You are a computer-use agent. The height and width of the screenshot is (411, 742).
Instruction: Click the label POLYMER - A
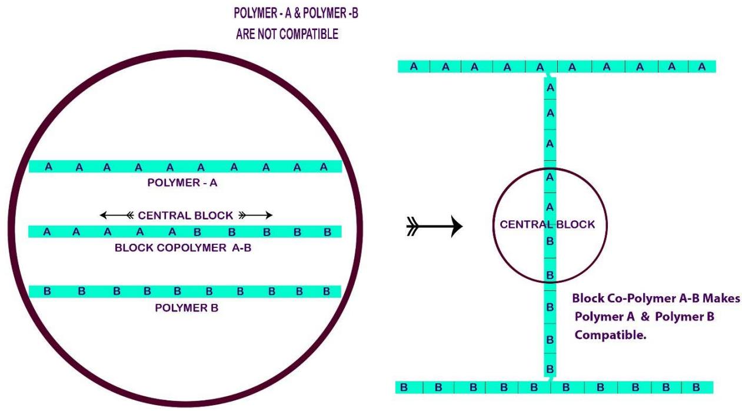coord(182,183)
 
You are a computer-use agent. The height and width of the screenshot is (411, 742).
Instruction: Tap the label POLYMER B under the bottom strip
coord(187,308)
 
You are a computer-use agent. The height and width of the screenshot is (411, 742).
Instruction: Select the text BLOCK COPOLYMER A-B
coord(183,248)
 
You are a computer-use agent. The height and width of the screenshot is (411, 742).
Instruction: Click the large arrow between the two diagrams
coord(434,226)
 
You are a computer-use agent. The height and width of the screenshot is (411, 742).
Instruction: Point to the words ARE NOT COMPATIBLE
coord(287,34)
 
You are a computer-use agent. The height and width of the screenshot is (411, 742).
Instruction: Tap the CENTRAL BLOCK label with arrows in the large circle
coord(185,216)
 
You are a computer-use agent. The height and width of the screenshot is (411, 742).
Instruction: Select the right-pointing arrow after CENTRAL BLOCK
coord(255,216)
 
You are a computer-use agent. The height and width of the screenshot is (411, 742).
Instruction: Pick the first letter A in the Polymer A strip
coord(49,167)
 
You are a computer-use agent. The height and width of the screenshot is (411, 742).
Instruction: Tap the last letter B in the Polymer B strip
coord(327,291)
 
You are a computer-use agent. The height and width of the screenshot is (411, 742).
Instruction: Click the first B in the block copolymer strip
coord(198,232)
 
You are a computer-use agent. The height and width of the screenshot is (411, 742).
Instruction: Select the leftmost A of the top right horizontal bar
coord(414,67)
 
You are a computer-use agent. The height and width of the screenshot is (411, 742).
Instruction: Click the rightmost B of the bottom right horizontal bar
coord(696,387)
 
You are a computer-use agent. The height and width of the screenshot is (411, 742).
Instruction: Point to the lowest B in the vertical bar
coord(550,369)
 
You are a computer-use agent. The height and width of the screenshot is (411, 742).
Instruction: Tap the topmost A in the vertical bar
coord(550,88)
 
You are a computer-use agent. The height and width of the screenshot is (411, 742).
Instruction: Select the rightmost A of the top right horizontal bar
coord(701,67)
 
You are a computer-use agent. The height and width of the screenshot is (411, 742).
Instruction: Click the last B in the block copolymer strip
coord(327,232)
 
